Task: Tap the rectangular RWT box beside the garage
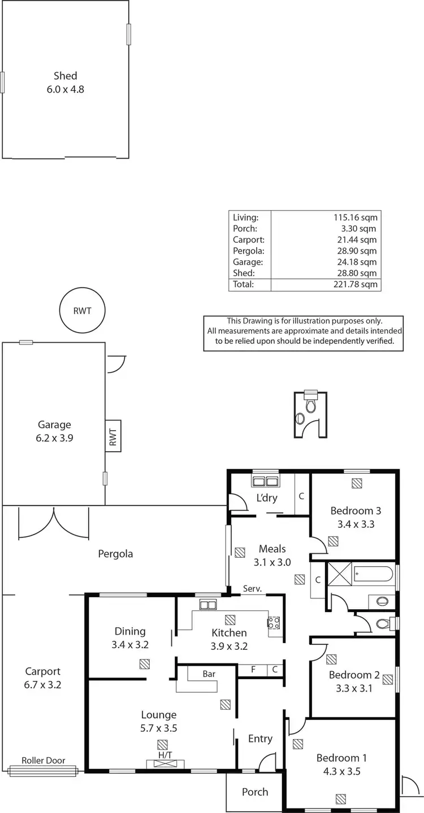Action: click(113, 435)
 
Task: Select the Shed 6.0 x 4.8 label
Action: click(65, 82)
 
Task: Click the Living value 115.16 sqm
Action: click(355, 217)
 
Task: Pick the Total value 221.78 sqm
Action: click(355, 285)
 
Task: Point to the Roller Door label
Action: click(44, 760)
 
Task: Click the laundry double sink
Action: click(265, 482)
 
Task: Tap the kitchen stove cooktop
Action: click(274, 623)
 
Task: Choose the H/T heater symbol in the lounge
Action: click(165, 764)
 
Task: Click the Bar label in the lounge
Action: click(209, 674)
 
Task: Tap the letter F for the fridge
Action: click(254, 670)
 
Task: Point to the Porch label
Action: click(255, 792)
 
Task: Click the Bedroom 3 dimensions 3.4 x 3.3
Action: click(356, 524)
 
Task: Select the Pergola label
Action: click(115, 554)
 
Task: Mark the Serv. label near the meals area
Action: click(252, 589)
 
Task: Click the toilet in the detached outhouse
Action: click(310, 405)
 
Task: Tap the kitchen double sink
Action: click(207, 605)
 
